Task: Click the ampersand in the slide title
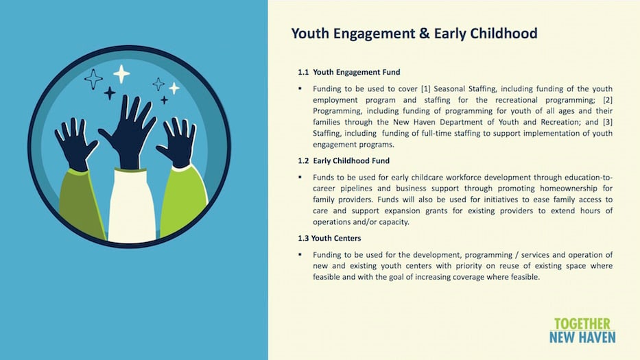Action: coord(424,34)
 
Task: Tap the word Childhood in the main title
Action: coord(503,33)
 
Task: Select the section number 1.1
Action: coord(303,72)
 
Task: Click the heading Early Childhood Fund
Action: coord(351,161)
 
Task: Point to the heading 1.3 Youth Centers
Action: coord(329,239)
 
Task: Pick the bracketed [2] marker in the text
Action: coord(608,100)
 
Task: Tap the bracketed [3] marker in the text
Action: coord(608,122)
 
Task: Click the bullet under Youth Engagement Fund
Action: coord(300,88)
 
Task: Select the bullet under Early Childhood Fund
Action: coord(300,177)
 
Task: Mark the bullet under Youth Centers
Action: coord(300,254)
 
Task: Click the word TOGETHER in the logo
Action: coord(582,324)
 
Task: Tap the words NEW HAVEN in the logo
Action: coord(582,337)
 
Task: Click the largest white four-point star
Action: coord(121,74)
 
